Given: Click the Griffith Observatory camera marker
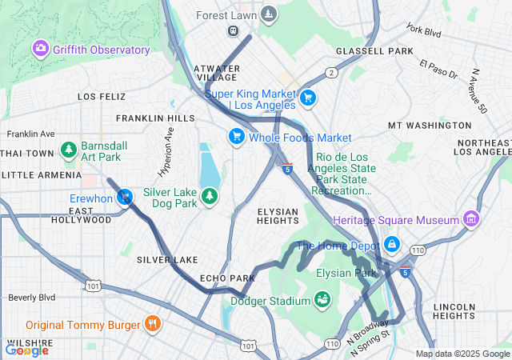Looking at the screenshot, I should coord(40,50).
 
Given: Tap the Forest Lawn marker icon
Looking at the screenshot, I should coord(270,14).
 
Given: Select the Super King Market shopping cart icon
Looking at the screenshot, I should coord(308,99).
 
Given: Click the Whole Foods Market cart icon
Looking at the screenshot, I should coord(236,138).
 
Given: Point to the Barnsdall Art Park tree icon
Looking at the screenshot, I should coord(70,150).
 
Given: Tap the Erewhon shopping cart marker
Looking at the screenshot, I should coord(125,198).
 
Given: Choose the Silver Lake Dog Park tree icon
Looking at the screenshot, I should coord(210,197).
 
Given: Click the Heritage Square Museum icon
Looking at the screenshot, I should coord(471,219).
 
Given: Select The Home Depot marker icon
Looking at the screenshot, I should coord(391,245).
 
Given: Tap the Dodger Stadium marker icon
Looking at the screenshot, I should coord(323,301).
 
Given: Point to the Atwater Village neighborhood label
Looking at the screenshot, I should coord(216,73).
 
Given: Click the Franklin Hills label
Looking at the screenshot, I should coord(155,118).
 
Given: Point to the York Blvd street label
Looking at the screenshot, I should coord(424,31).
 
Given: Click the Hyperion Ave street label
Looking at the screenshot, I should coord(166,160).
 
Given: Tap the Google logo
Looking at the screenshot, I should coord(26,350).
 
